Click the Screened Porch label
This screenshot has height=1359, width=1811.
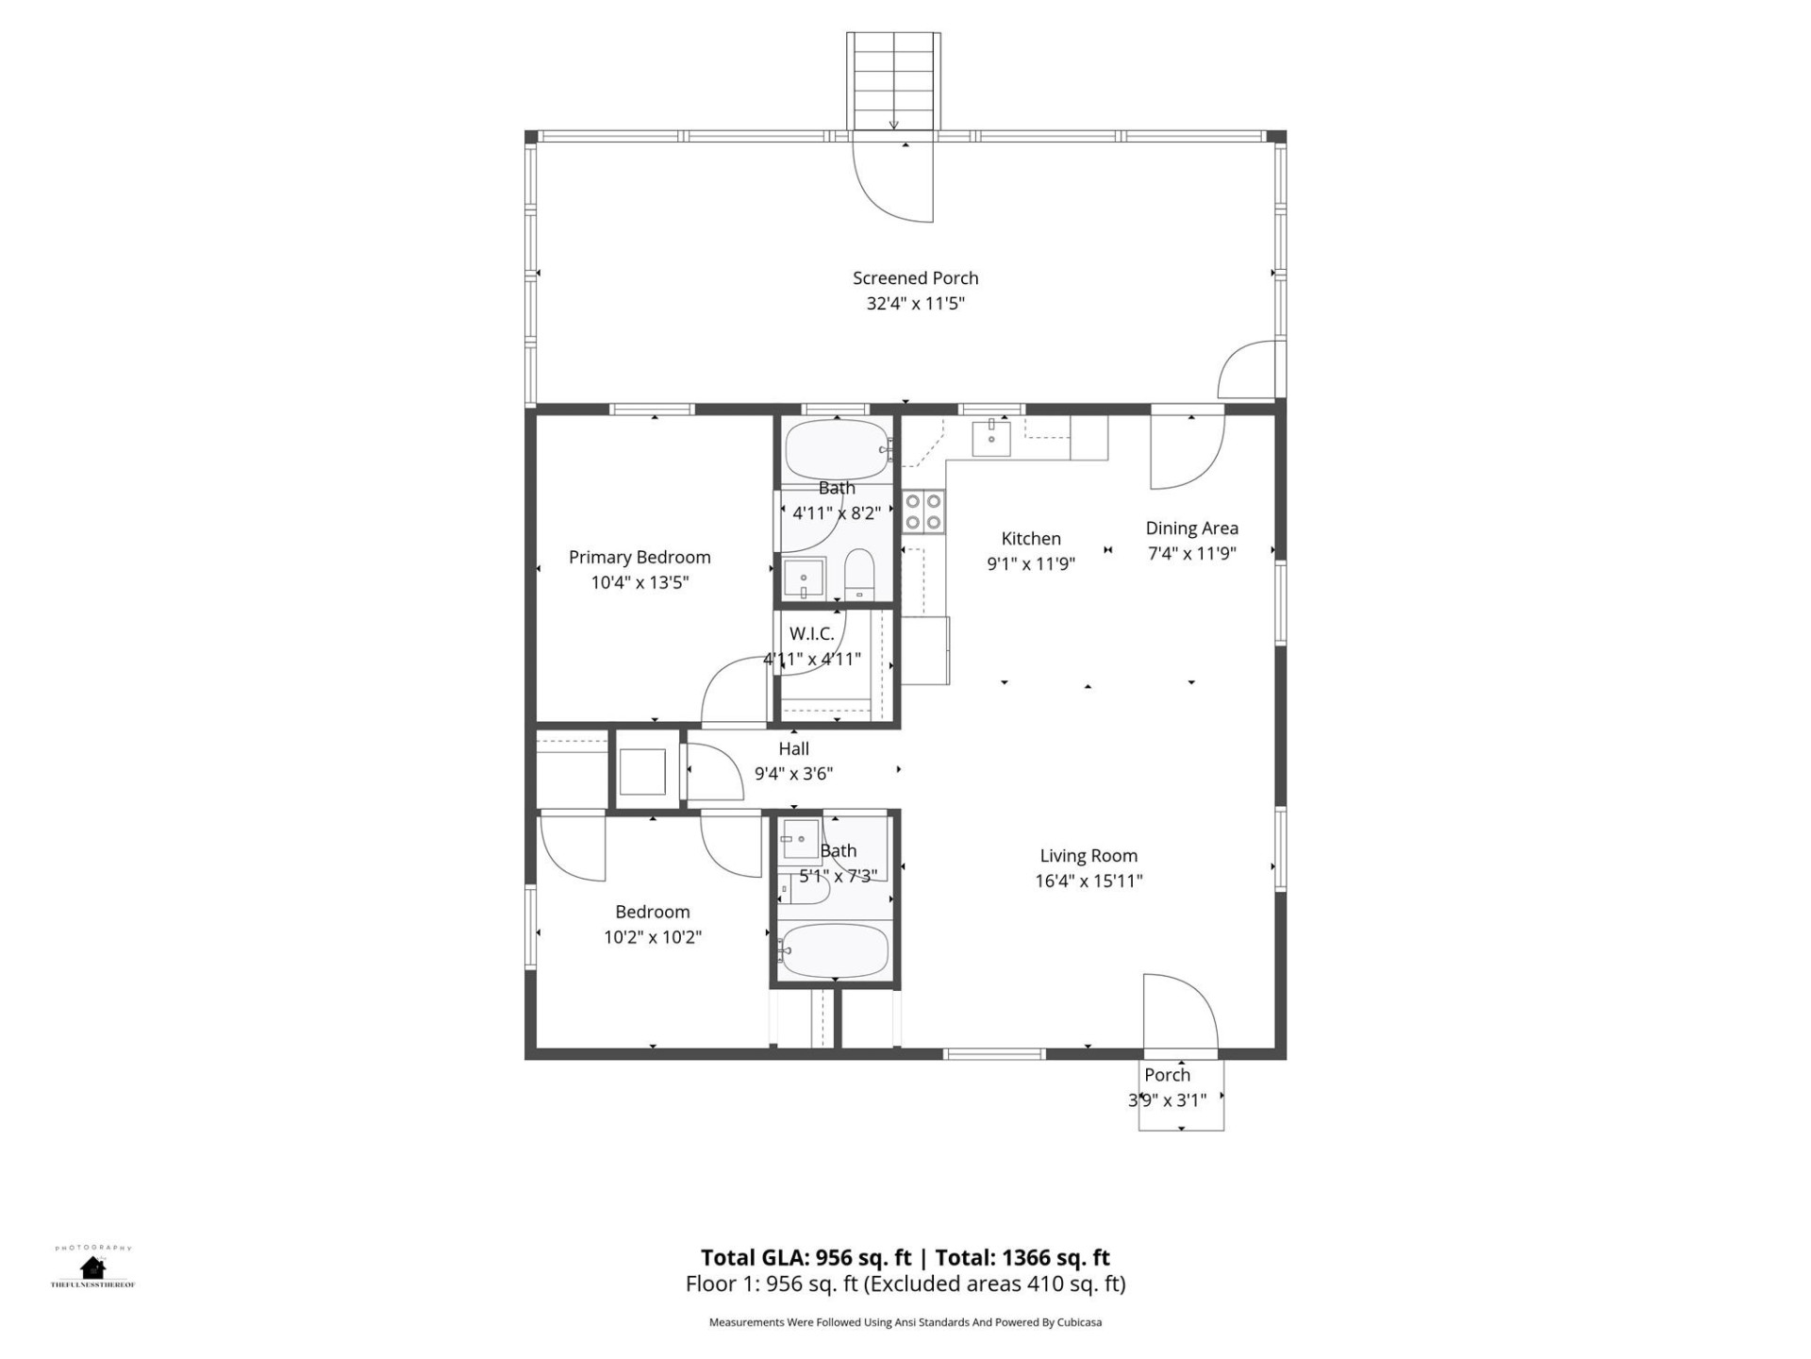[x=915, y=278]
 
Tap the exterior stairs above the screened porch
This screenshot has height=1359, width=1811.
[x=893, y=80]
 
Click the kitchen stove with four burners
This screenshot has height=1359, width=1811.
[x=923, y=512]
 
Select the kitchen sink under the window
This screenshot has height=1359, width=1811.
[x=991, y=438]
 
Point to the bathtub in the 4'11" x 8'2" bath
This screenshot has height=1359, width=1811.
[x=837, y=450]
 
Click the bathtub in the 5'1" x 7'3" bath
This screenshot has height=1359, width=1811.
[x=835, y=951]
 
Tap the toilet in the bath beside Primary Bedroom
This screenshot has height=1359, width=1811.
[x=859, y=575]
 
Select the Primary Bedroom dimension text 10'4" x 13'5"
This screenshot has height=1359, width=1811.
[x=640, y=582]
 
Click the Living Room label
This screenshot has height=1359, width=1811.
[x=1088, y=856]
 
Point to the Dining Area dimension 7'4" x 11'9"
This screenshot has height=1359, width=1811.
[x=1191, y=554]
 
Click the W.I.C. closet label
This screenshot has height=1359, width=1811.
[x=811, y=633]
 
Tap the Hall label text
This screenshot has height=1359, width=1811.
[x=793, y=748]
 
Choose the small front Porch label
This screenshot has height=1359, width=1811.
[x=1167, y=1075]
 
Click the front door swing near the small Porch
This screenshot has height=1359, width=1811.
[x=1179, y=1012]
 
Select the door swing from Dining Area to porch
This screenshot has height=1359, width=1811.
[x=1186, y=451]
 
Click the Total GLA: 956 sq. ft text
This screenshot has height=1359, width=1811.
[x=806, y=1258]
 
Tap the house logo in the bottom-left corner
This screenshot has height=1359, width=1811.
[x=92, y=1267]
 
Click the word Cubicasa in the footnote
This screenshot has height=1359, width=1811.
[x=1078, y=1323]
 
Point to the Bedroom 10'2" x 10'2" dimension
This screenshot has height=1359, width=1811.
[x=653, y=937]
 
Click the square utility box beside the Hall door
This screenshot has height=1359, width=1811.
[x=642, y=771]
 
